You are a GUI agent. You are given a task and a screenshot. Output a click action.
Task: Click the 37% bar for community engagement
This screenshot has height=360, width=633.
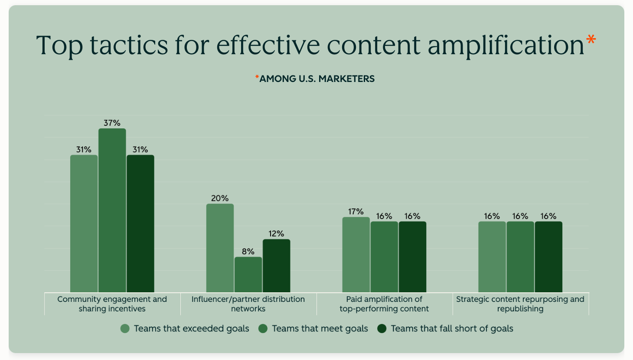coord(112,210)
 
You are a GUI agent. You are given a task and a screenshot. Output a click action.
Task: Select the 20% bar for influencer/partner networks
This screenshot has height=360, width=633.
coord(220,248)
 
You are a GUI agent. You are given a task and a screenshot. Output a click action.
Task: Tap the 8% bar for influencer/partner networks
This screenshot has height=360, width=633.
coord(248,275)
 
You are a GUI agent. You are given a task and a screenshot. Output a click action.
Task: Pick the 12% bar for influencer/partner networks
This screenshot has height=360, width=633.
coord(276,266)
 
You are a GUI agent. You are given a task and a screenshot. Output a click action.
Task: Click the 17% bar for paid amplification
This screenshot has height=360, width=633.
coord(356,255)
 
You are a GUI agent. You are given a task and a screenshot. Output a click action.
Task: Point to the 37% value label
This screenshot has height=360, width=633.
coord(112,123)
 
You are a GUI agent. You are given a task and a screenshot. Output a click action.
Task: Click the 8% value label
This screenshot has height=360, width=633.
coord(248,252)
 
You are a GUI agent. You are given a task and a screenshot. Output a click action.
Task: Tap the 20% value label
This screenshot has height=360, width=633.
coord(220,198)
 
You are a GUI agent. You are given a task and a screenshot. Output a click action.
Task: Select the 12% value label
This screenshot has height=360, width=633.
coord(276,234)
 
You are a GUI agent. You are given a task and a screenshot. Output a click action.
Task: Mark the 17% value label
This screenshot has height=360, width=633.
coord(356,212)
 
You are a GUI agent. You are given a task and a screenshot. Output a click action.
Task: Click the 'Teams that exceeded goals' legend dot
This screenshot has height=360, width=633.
coord(125,329)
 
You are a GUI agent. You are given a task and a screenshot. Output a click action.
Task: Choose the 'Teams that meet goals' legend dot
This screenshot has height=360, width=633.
coord(263,329)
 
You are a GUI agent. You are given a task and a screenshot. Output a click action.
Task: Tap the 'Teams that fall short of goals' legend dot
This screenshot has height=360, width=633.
coord(382,329)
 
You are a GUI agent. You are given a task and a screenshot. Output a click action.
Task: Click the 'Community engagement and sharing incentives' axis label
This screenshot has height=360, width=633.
coord(112,304)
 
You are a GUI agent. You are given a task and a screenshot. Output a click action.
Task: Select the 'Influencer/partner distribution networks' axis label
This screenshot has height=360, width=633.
coord(248,304)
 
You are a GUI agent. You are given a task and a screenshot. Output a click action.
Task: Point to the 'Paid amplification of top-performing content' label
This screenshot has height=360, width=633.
coord(384,304)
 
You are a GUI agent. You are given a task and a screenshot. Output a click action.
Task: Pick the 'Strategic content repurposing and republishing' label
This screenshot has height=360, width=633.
coord(520,304)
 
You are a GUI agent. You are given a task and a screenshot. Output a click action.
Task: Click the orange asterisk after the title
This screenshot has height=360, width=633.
coord(591,41)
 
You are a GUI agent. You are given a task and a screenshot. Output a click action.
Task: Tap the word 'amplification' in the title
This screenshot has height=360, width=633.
coord(506,46)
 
